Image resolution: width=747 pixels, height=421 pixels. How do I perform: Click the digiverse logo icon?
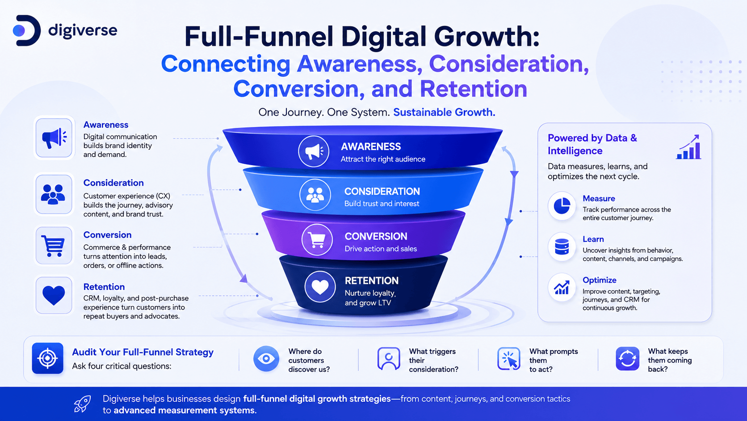(27, 30)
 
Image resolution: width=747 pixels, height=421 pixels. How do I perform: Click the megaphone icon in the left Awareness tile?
(54, 137)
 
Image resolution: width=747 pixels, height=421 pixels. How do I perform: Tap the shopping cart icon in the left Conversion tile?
(53, 246)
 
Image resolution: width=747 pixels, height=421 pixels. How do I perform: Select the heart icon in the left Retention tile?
(54, 295)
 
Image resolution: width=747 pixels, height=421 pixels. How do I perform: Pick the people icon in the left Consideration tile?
(53, 194)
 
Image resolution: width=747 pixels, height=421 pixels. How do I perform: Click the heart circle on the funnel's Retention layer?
(320, 287)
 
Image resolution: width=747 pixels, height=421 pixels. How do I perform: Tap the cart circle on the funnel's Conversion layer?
(317, 240)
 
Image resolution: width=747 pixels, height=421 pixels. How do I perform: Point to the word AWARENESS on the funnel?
(371, 147)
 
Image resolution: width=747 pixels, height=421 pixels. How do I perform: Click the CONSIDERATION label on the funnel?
(382, 191)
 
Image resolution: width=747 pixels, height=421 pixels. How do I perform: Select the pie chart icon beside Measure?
(562, 206)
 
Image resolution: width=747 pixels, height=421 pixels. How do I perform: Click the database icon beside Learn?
(562, 247)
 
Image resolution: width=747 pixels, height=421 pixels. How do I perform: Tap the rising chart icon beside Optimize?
(562, 288)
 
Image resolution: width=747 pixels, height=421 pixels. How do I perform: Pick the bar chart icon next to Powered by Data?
(688, 147)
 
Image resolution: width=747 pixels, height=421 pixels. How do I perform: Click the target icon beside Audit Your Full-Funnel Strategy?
(48, 358)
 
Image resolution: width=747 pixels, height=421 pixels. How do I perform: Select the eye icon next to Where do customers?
(266, 358)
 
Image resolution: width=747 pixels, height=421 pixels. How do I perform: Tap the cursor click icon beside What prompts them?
(508, 358)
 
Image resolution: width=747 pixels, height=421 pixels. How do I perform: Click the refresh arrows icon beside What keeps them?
(627, 358)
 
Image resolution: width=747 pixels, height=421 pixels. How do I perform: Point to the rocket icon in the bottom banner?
(82, 404)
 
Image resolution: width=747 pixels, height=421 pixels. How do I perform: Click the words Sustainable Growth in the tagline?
(444, 112)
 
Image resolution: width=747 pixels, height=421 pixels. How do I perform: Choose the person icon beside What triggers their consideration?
(389, 358)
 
